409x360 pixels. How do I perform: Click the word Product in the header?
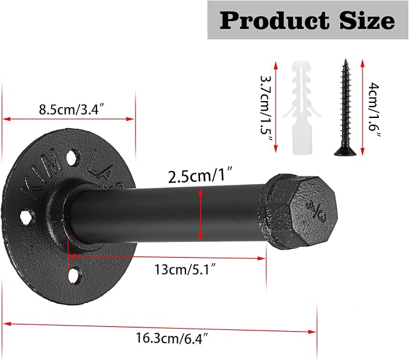[x=274, y=20]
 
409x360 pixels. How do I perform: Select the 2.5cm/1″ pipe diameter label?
[x=200, y=176]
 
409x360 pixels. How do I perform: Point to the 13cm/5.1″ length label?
[x=186, y=269]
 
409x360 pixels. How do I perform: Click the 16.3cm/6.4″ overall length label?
[x=172, y=338]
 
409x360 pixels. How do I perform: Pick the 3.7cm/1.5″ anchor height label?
[x=266, y=108]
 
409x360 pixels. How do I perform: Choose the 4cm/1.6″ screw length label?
[x=374, y=110]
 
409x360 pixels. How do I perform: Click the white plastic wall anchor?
[x=302, y=107]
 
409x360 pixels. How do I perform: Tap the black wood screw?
[x=346, y=107]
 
